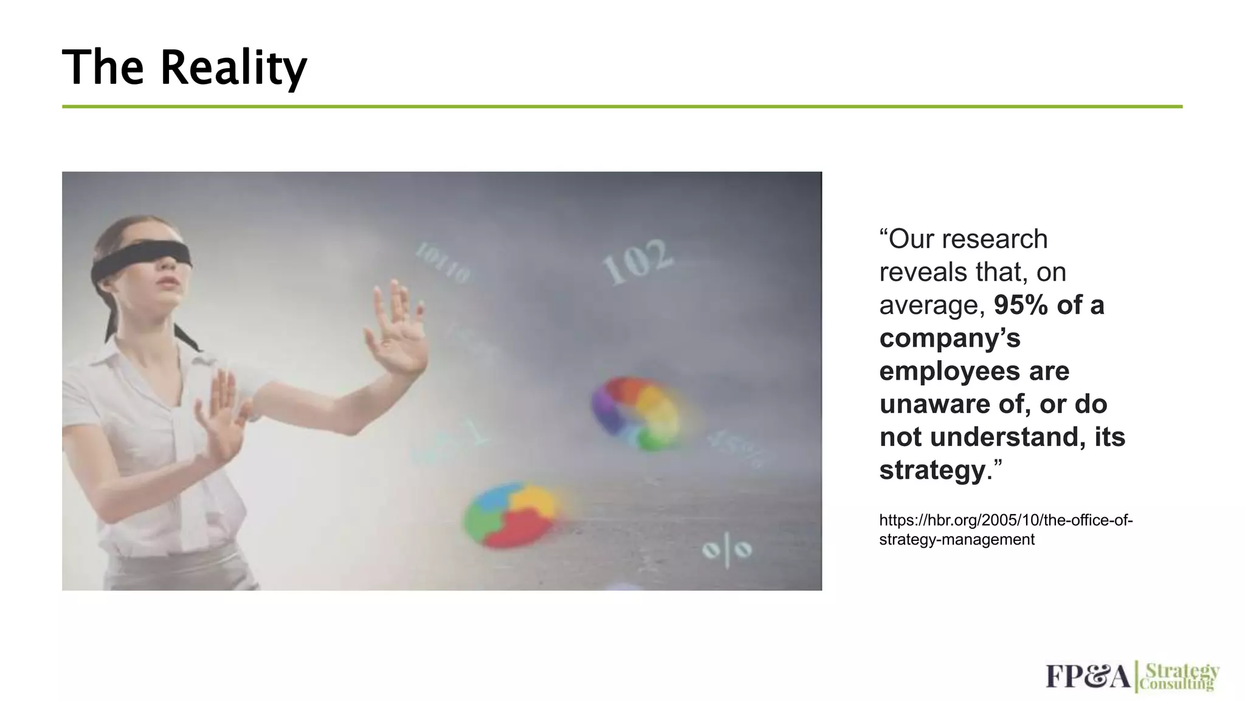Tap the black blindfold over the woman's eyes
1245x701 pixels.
tap(143, 258)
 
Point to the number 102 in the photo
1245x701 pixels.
tap(638, 262)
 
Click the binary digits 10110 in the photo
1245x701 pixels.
tap(443, 263)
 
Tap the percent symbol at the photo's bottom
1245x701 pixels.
tap(727, 550)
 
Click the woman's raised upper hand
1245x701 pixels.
tap(395, 329)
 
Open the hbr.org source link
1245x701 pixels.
tap(1005, 530)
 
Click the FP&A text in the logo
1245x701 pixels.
tap(1088, 677)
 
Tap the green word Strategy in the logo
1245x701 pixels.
tap(1182, 671)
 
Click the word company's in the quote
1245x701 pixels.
tap(950, 338)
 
